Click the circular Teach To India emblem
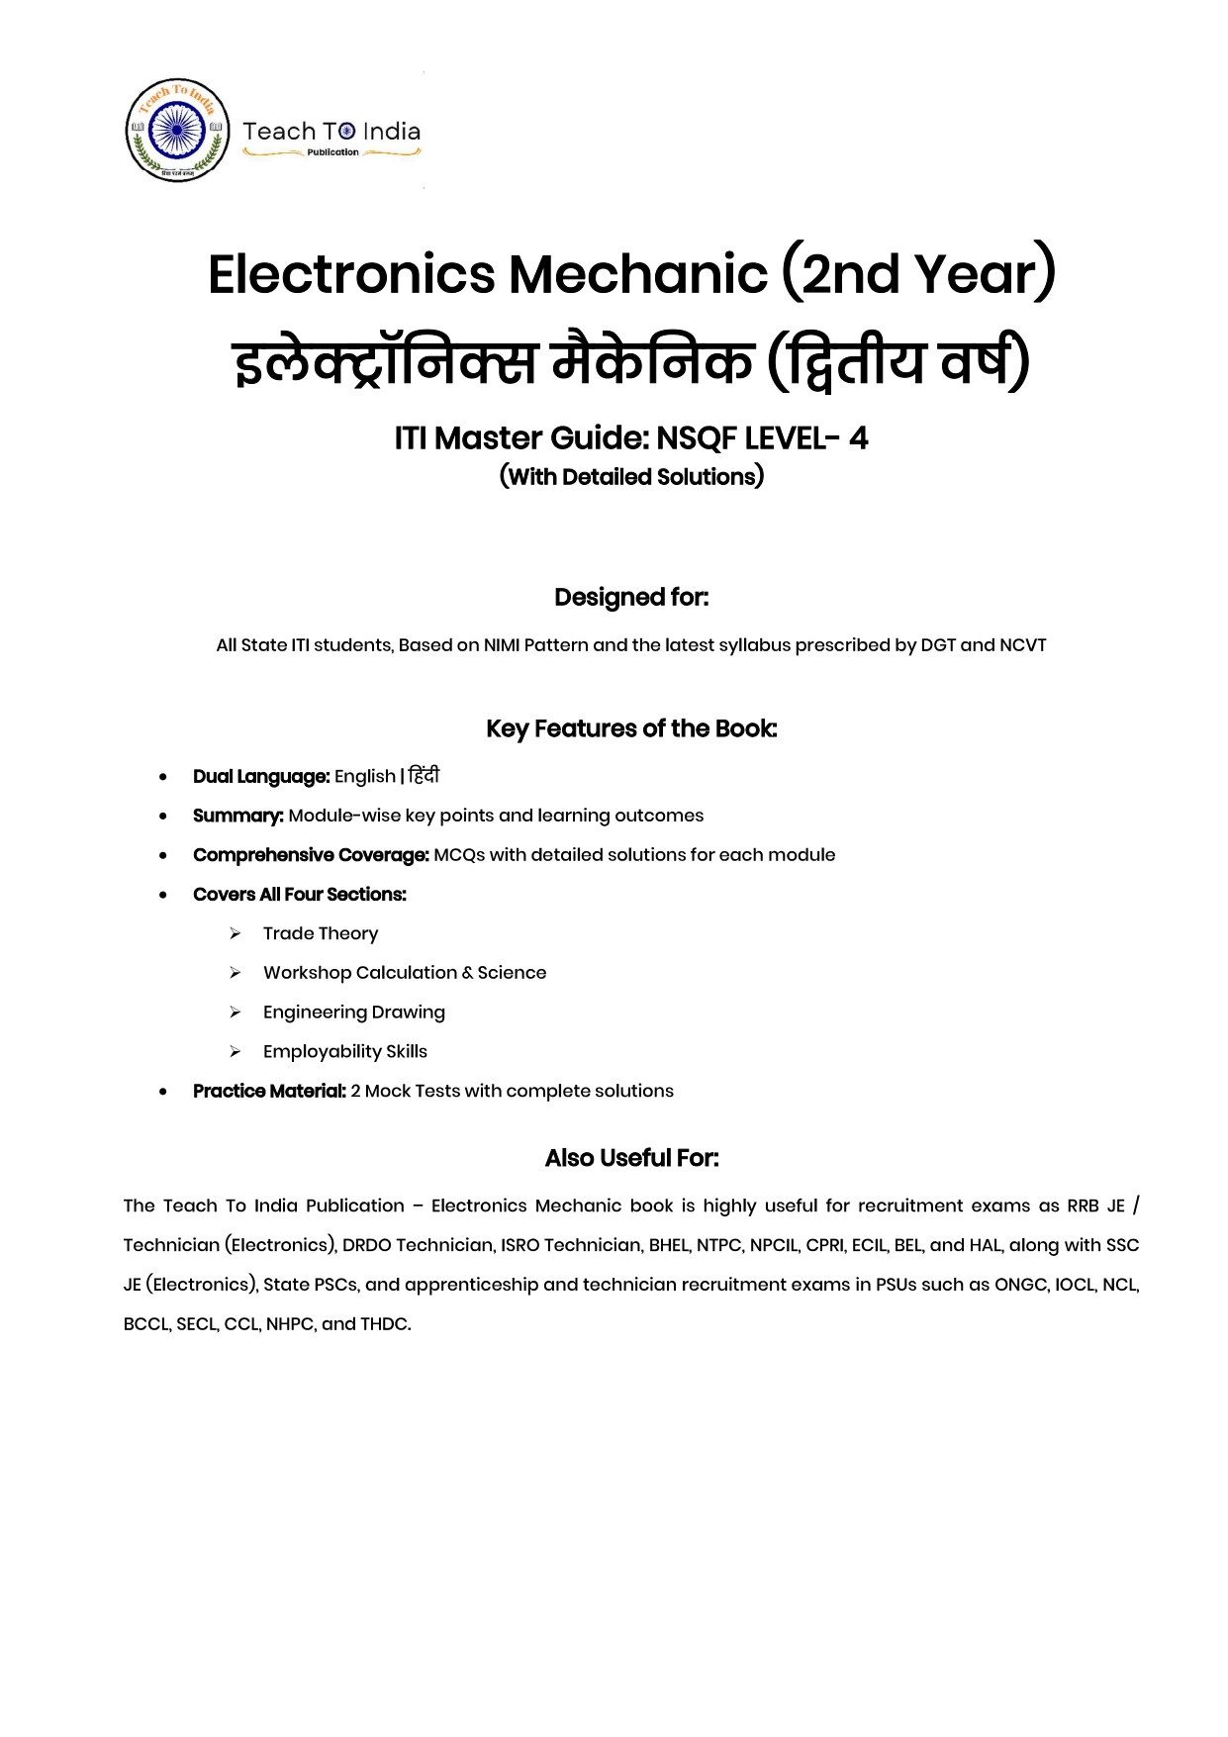(x=178, y=131)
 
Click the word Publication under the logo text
(x=332, y=152)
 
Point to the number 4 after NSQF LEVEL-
(x=858, y=437)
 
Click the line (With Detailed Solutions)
(x=631, y=477)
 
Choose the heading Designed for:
(x=631, y=598)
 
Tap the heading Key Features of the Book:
(x=631, y=729)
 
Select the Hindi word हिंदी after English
(x=424, y=776)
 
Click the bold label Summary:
(x=238, y=816)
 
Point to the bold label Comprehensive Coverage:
(x=311, y=855)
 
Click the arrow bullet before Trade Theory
(x=236, y=933)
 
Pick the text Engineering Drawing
(x=354, y=1013)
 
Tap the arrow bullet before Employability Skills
(x=236, y=1052)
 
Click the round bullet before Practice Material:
(x=163, y=1092)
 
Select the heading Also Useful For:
(x=631, y=1159)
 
